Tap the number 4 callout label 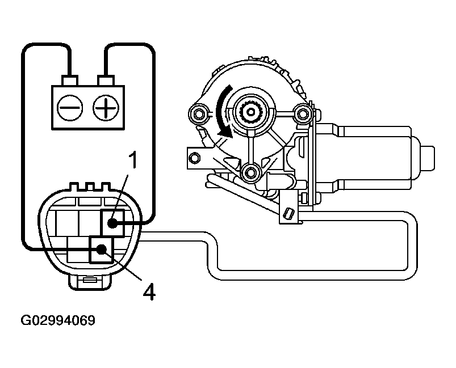point(148,291)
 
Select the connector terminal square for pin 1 point(112,222)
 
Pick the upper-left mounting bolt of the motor point(199,114)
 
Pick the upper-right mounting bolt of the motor point(302,114)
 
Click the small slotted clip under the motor point(288,214)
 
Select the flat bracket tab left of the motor point(196,156)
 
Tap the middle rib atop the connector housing point(88,187)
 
